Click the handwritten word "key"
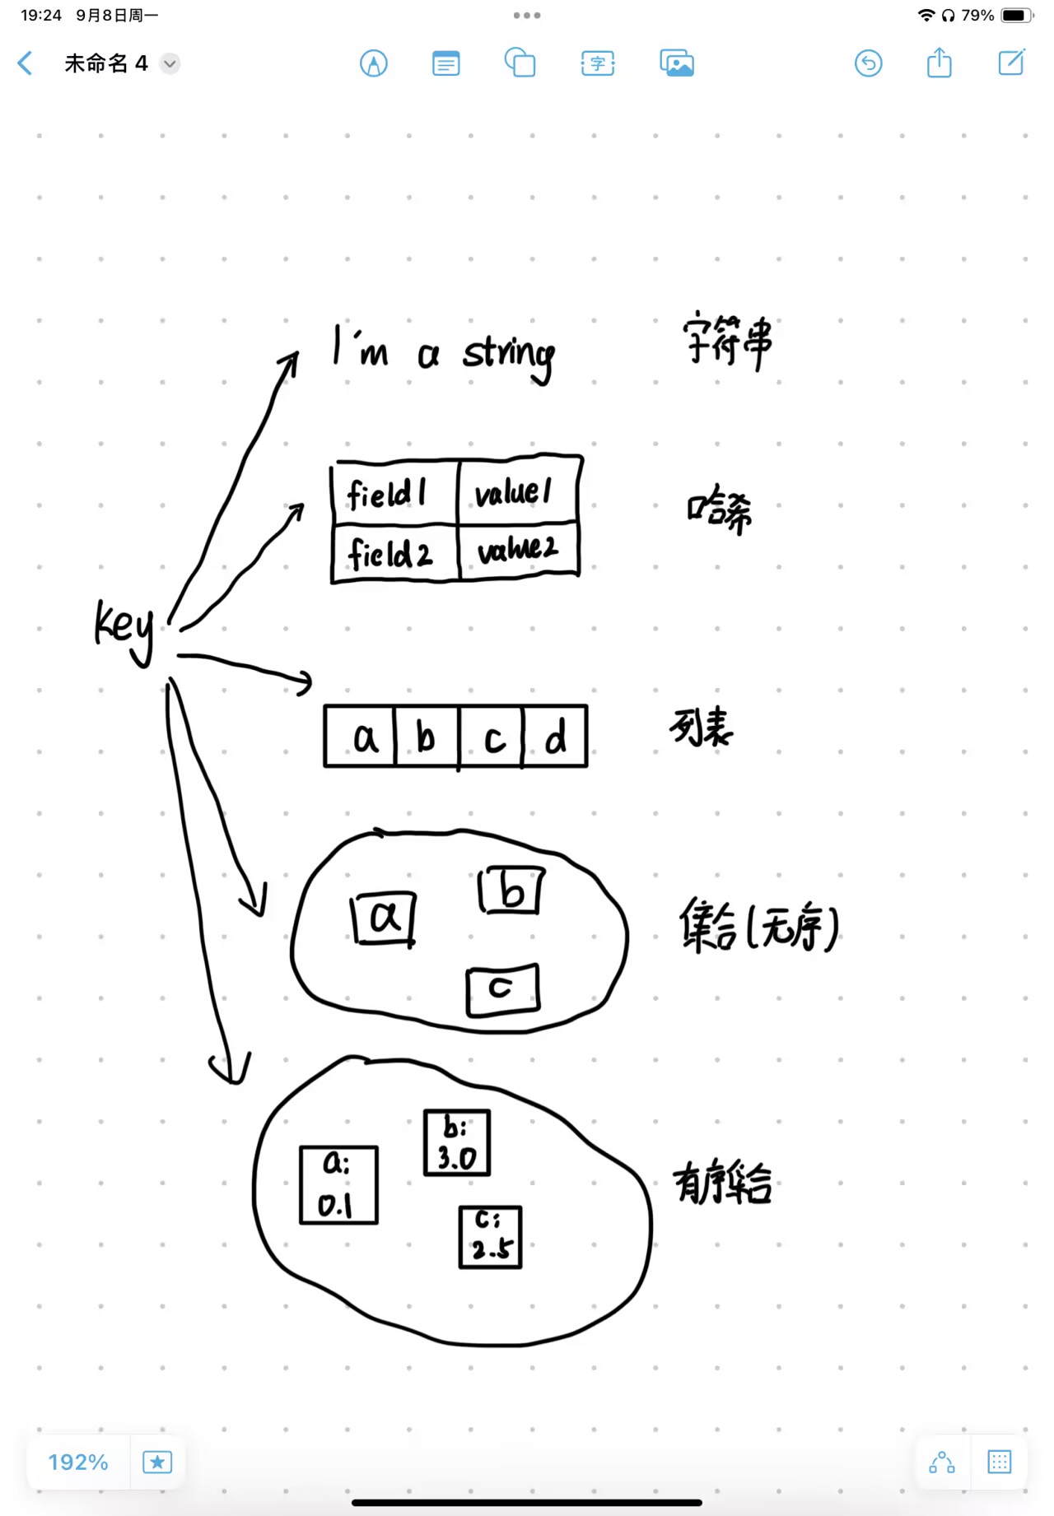coord(124,629)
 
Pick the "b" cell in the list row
coord(427,737)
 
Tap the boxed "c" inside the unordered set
coord(502,989)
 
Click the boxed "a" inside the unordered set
coord(384,918)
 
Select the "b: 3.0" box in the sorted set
coord(457,1142)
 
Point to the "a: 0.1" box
coord(338,1185)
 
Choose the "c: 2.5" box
coord(490,1237)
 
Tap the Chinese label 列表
coord(701,726)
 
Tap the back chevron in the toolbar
coord(26,63)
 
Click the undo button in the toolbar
coord(868,63)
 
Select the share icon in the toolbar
coord(939,63)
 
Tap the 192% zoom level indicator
coord(78,1462)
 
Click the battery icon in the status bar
coord(1016,15)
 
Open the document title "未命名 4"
coord(106,63)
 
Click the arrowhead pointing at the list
coord(305,682)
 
